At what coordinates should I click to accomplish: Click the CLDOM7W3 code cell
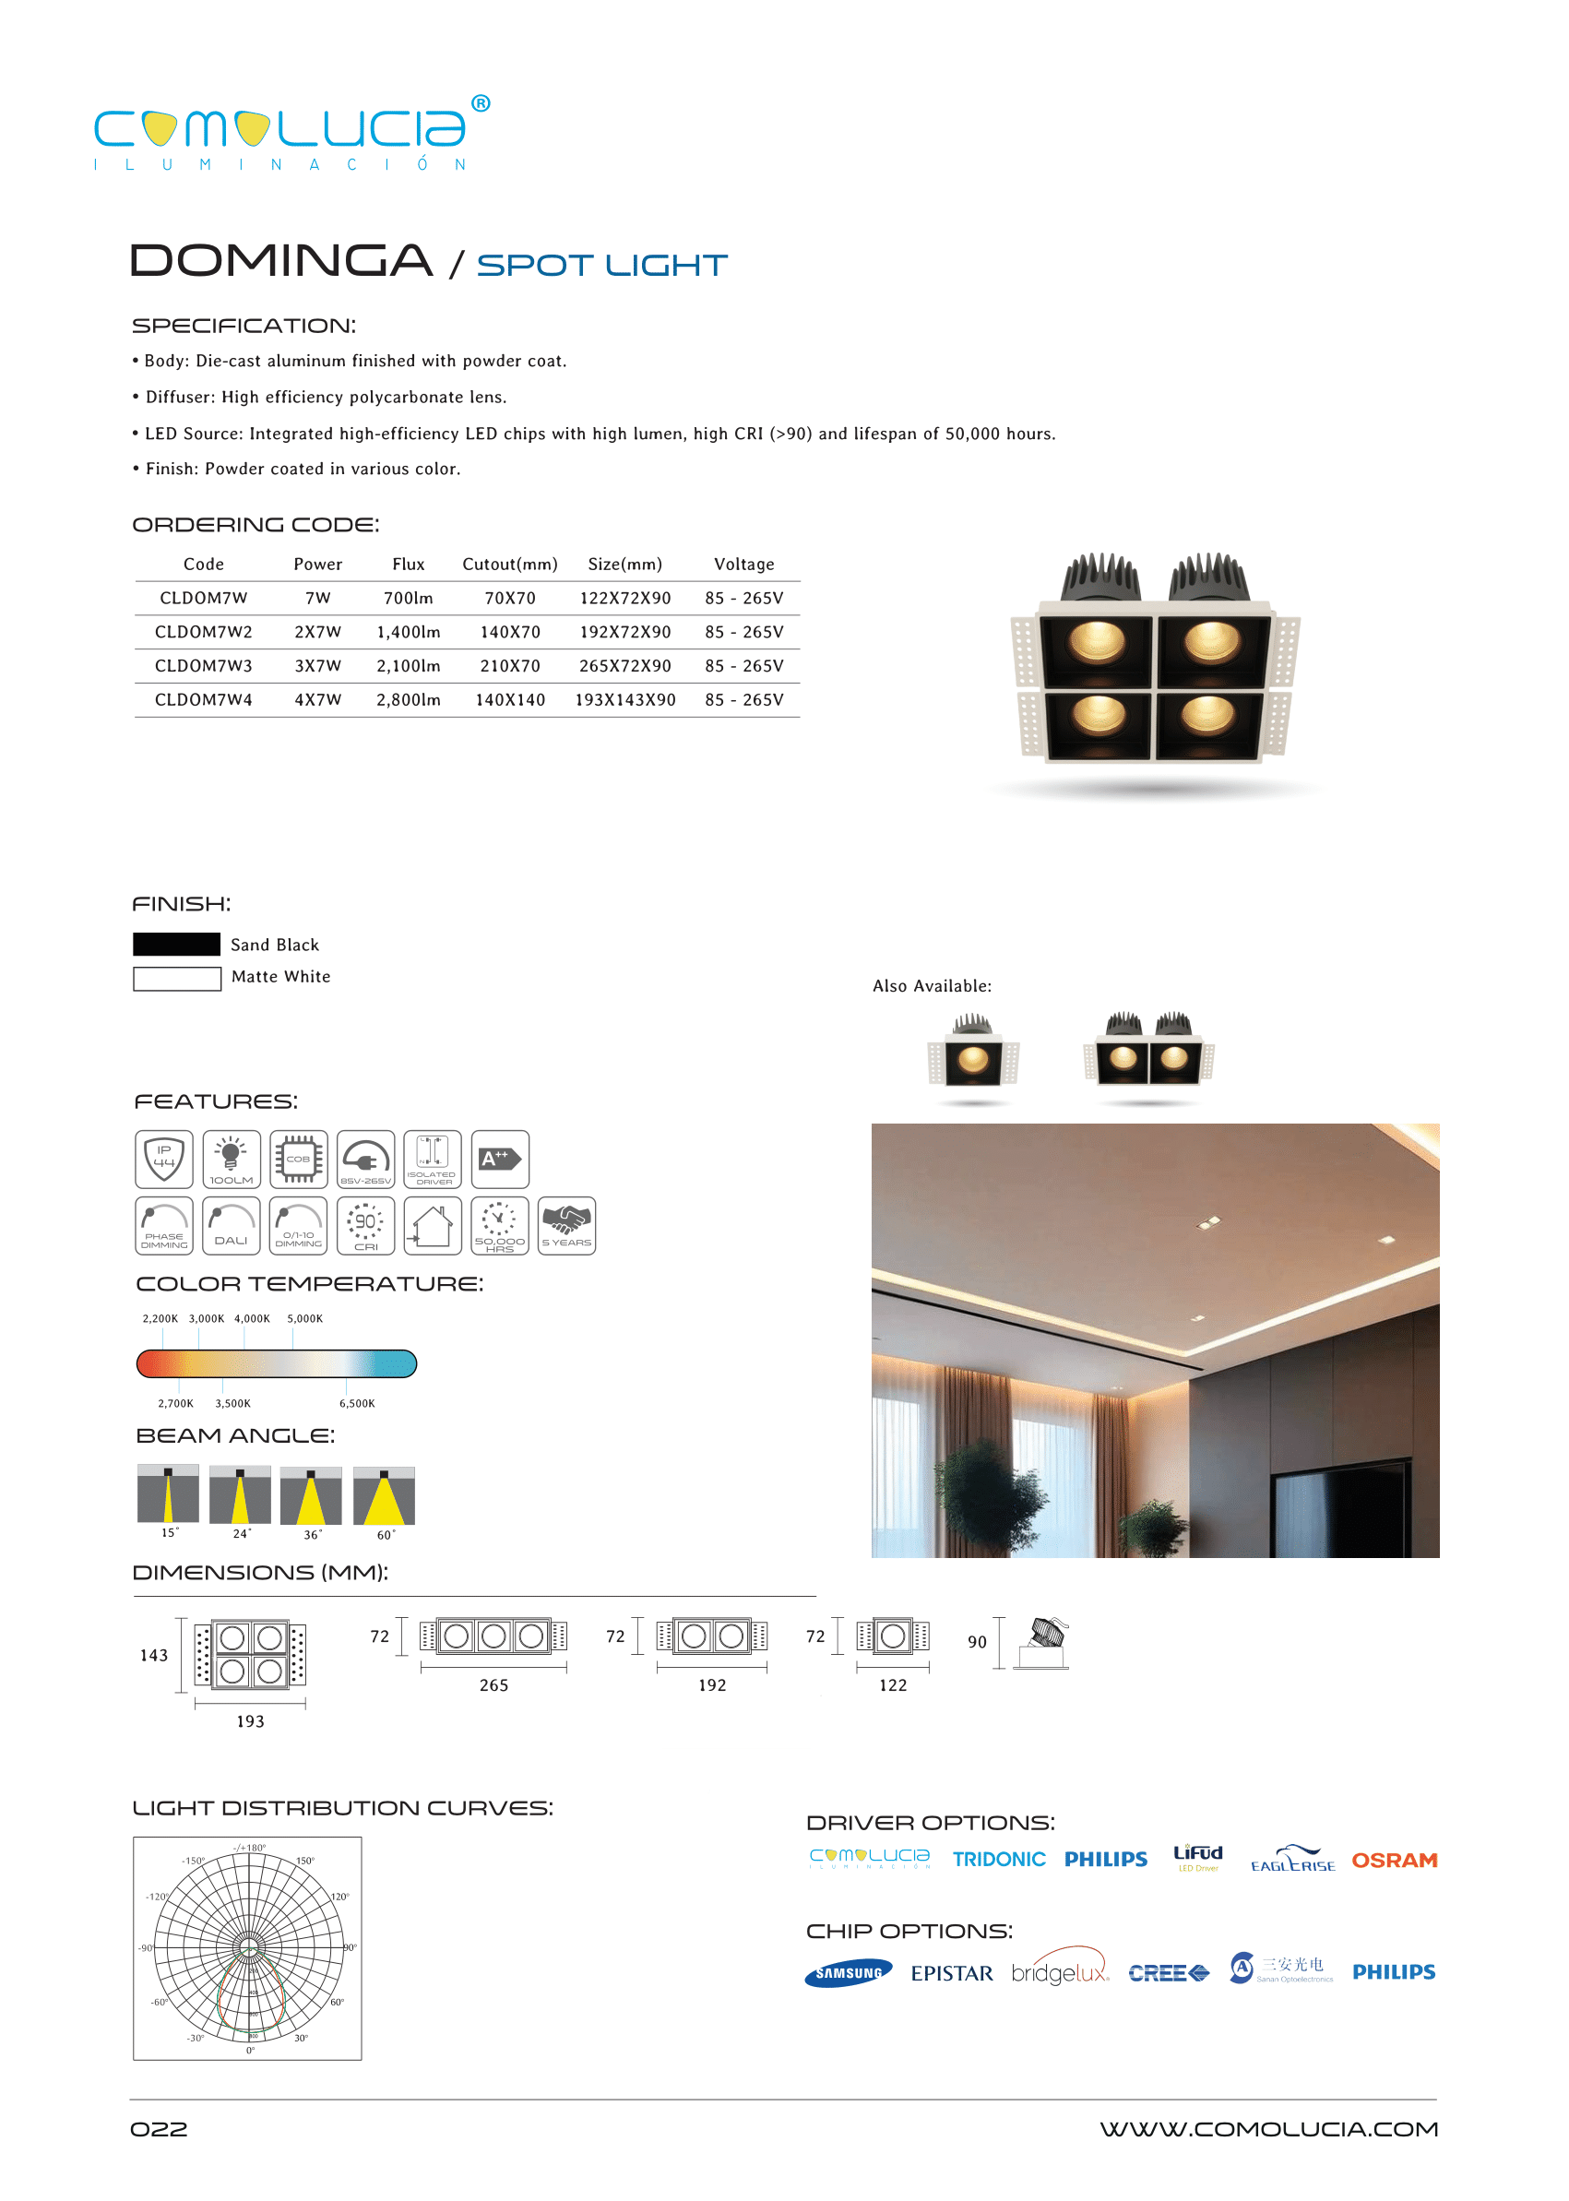click(203, 666)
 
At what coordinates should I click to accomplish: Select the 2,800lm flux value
click(408, 699)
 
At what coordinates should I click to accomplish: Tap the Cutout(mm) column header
click(509, 565)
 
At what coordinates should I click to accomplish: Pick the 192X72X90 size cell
click(624, 632)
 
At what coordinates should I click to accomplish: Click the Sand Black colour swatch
click(176, 944)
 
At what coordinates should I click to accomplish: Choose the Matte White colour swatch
click(176, 978)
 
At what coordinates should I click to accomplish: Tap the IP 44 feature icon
click(164, 1159)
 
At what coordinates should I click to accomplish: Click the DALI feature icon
click(231, 1225)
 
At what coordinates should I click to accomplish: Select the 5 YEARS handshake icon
click(566, 1225)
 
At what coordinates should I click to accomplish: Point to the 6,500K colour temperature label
click(356, 1403)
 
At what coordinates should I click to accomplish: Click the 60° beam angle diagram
click(384, 1495)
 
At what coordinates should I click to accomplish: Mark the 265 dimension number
click(493, 1685)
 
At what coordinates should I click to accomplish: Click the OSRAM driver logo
click(1393, 1860)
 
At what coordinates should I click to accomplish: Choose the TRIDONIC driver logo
click(998, 1859)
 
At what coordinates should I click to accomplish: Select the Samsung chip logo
click(848, 1973)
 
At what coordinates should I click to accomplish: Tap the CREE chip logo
click(1167, 1973)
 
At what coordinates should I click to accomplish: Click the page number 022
click(159, 2129)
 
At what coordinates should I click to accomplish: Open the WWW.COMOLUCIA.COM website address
click(1267, 2129)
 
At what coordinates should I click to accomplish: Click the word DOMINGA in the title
click(281, 261)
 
